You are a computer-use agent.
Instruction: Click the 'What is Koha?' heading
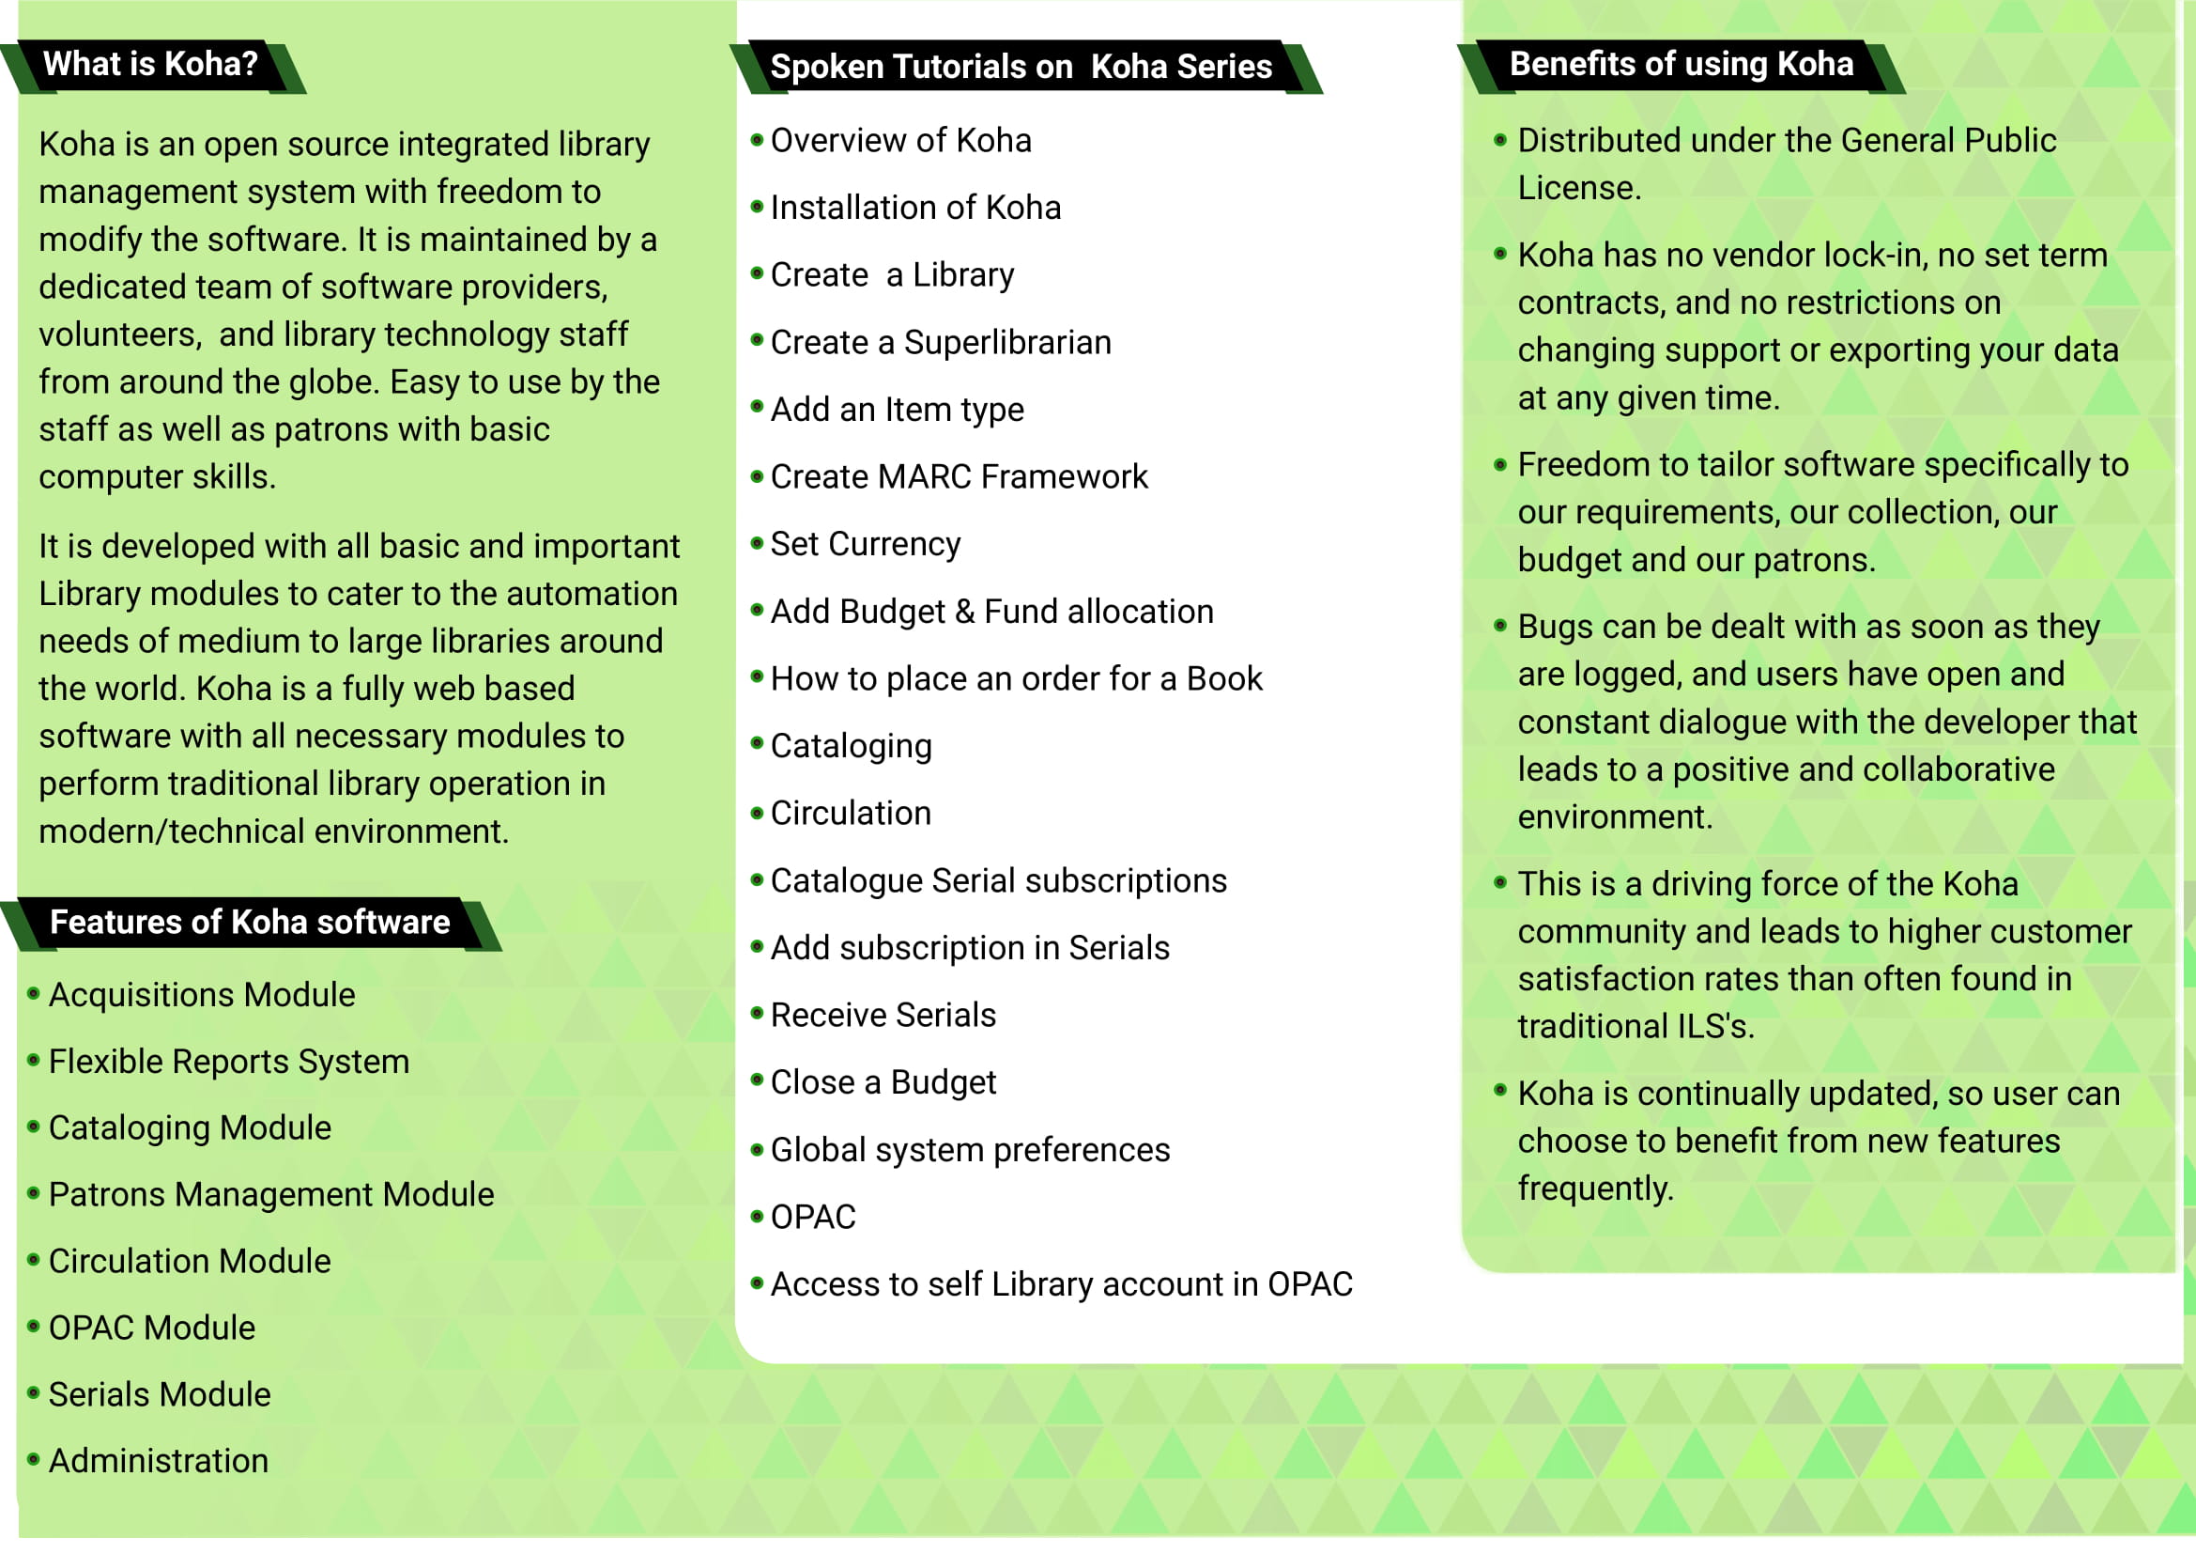pos(150,64)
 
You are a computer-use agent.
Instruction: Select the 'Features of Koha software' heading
pos(250,923)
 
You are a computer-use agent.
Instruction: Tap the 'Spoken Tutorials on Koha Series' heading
pos(1021,67)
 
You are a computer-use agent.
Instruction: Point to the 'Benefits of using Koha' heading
pos(1681,64)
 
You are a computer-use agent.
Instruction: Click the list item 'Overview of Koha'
pos(900,141)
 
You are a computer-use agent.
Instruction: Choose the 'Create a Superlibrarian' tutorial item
pos(940,343)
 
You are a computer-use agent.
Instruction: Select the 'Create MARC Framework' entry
pos(959,476)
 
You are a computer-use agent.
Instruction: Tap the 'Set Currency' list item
pos(865,545)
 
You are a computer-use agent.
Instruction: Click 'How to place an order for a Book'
pos(1016,679)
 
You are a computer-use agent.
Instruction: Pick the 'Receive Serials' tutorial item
pos(883,1016)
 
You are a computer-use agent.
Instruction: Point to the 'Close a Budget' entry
pos(883,1082)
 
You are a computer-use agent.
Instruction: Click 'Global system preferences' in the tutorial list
pos(970,1150)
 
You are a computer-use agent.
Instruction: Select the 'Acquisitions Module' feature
pos(202,995)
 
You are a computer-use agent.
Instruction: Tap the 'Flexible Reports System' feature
pos(228,1063)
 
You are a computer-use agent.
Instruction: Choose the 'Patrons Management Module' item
pos(271,1195)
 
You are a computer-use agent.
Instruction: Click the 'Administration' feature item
pos(159,1461)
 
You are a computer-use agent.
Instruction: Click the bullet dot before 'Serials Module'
pos(34,1393)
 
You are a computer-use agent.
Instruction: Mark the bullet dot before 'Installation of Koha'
pos(757,207)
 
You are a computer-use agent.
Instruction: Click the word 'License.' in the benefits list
pos(1579,189)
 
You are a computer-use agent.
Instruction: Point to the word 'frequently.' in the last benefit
pos(1595,1189)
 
